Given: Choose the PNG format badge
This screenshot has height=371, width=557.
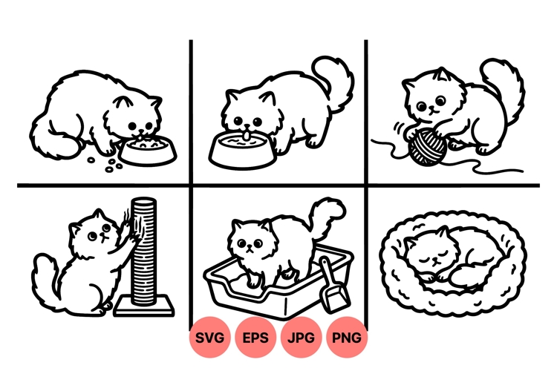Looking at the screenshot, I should click(347, 338).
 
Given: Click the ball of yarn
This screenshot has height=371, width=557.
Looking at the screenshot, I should click(425, 145).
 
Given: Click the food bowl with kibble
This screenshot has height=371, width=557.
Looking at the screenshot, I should click(149, 151).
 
